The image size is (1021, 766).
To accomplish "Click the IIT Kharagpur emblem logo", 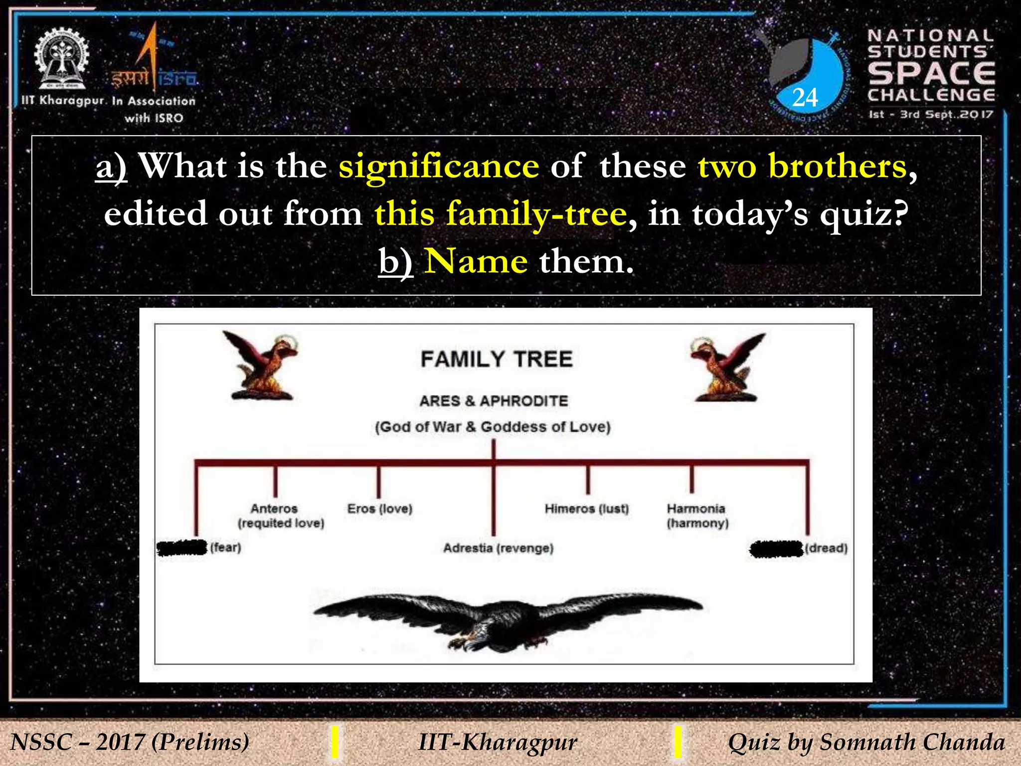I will pos(61,59).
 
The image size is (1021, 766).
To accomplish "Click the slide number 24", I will pos(805,98).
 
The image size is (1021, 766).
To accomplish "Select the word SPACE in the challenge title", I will pos(931,73).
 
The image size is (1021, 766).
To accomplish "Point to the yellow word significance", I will pos(439,166).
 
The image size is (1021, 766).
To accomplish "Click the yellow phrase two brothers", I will pos(802,166).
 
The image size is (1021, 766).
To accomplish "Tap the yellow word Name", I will pos(476,261).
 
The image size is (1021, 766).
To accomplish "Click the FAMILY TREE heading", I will pos(497,359).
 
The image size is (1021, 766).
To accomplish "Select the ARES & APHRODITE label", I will pos(494,401).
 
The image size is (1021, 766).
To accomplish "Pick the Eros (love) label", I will pos(380,509).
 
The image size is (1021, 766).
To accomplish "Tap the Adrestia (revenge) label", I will pos(498,548).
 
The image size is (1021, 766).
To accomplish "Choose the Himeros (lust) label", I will pos(587,509).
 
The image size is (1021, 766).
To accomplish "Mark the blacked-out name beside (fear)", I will pos(181,548).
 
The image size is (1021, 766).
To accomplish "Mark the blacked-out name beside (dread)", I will pos(776,549).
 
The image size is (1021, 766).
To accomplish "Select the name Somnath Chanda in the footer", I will pos(912,742).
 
